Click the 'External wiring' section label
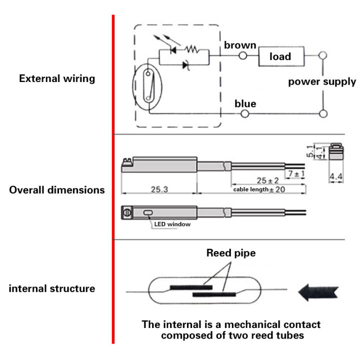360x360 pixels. tap(56, 78)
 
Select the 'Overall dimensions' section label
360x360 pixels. tap(56, 190)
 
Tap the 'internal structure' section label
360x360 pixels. tap(51, 288)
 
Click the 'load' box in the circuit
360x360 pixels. tap(281, 56)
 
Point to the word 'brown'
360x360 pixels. tap(240, 45)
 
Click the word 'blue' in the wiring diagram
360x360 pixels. tap(245, 104)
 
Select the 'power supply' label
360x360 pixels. tap(321, 81)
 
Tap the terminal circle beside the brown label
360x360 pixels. tap(243, 56)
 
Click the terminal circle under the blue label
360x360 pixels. tap(245, 114)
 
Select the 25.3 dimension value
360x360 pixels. tap(158, 189)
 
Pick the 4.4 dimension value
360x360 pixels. tap(335, 176)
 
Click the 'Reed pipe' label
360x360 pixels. tap(230, 253)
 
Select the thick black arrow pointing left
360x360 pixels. tap(318, 290)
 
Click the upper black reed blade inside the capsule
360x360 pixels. tap(191, 287)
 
